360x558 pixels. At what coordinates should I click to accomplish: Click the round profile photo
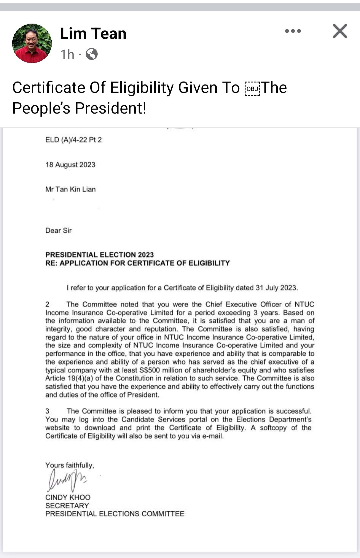[x=32, y=43]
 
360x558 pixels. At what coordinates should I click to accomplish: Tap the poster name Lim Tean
[x=93, y=34]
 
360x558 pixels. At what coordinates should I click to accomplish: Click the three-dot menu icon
[x=293, y=31]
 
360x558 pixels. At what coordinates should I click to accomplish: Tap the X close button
[x=340, y=31]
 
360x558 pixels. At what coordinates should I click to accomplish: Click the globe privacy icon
[x=92, y=54]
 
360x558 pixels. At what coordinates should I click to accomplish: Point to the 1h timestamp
[x=67, y=54]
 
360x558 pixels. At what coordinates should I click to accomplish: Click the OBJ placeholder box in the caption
[x=252, y=89]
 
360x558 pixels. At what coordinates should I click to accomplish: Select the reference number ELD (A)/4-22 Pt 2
[x=73, y=140]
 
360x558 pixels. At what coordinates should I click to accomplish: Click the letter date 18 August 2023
[x=70, y=165]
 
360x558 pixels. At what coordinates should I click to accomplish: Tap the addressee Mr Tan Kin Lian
[x=70, y=189]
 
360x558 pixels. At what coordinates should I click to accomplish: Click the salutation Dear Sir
[x=58, y=231]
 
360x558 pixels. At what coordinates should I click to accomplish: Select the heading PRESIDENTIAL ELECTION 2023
[x=99, y=255]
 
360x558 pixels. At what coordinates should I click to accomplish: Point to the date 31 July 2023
[x=276, y=288]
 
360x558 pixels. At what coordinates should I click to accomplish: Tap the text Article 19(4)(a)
[x=69, y=378]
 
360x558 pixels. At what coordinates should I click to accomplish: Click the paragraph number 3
[x=47, y=411]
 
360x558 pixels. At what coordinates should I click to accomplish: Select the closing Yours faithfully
[x=69, y=465]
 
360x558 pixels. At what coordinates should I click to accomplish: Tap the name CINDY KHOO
[x=68, y=497]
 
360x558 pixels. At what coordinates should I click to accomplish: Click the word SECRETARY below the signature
[x=67, y=506]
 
